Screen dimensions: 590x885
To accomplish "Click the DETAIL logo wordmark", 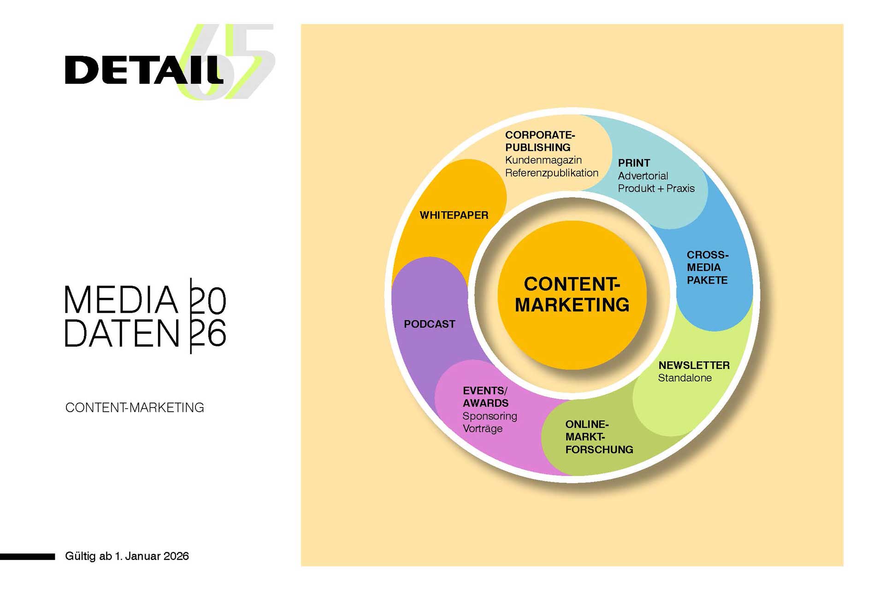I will [x=144, y=70].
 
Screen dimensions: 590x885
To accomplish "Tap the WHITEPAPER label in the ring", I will [x=454, y=215].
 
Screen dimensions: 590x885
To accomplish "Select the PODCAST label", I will [x=429, y=324].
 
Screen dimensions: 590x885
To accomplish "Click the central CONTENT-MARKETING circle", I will [x=572, y=295].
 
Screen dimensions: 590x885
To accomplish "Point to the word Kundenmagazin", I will [x=543, y=160].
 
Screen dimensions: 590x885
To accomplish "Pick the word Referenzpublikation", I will [x=551, y=173].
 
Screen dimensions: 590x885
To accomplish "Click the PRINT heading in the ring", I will [x=634, y=163].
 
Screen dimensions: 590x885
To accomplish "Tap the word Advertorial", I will [x=643, y=176].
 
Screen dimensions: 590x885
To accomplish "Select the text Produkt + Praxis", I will [x=656, y=188].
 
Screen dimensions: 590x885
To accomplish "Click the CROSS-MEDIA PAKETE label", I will [x=707, y=268].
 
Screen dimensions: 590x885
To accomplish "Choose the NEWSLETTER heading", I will [x=694, y=365].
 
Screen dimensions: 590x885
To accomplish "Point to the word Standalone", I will [x=684, y=378].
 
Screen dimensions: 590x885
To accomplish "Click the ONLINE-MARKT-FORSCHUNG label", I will [x=599, y=437].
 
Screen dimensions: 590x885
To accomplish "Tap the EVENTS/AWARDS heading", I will [x=485, y=397].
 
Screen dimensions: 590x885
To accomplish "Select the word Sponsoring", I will [x=490, y=416].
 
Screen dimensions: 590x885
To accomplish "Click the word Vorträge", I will [x=482, y=429].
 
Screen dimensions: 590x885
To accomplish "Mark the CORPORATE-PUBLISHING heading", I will [x=540, y=141].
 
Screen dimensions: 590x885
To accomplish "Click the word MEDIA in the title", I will [x=121, y=300].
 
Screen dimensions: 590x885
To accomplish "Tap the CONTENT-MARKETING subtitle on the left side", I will [x=135, y=408].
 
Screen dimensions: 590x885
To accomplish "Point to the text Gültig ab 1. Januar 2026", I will [x=127, y=556].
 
